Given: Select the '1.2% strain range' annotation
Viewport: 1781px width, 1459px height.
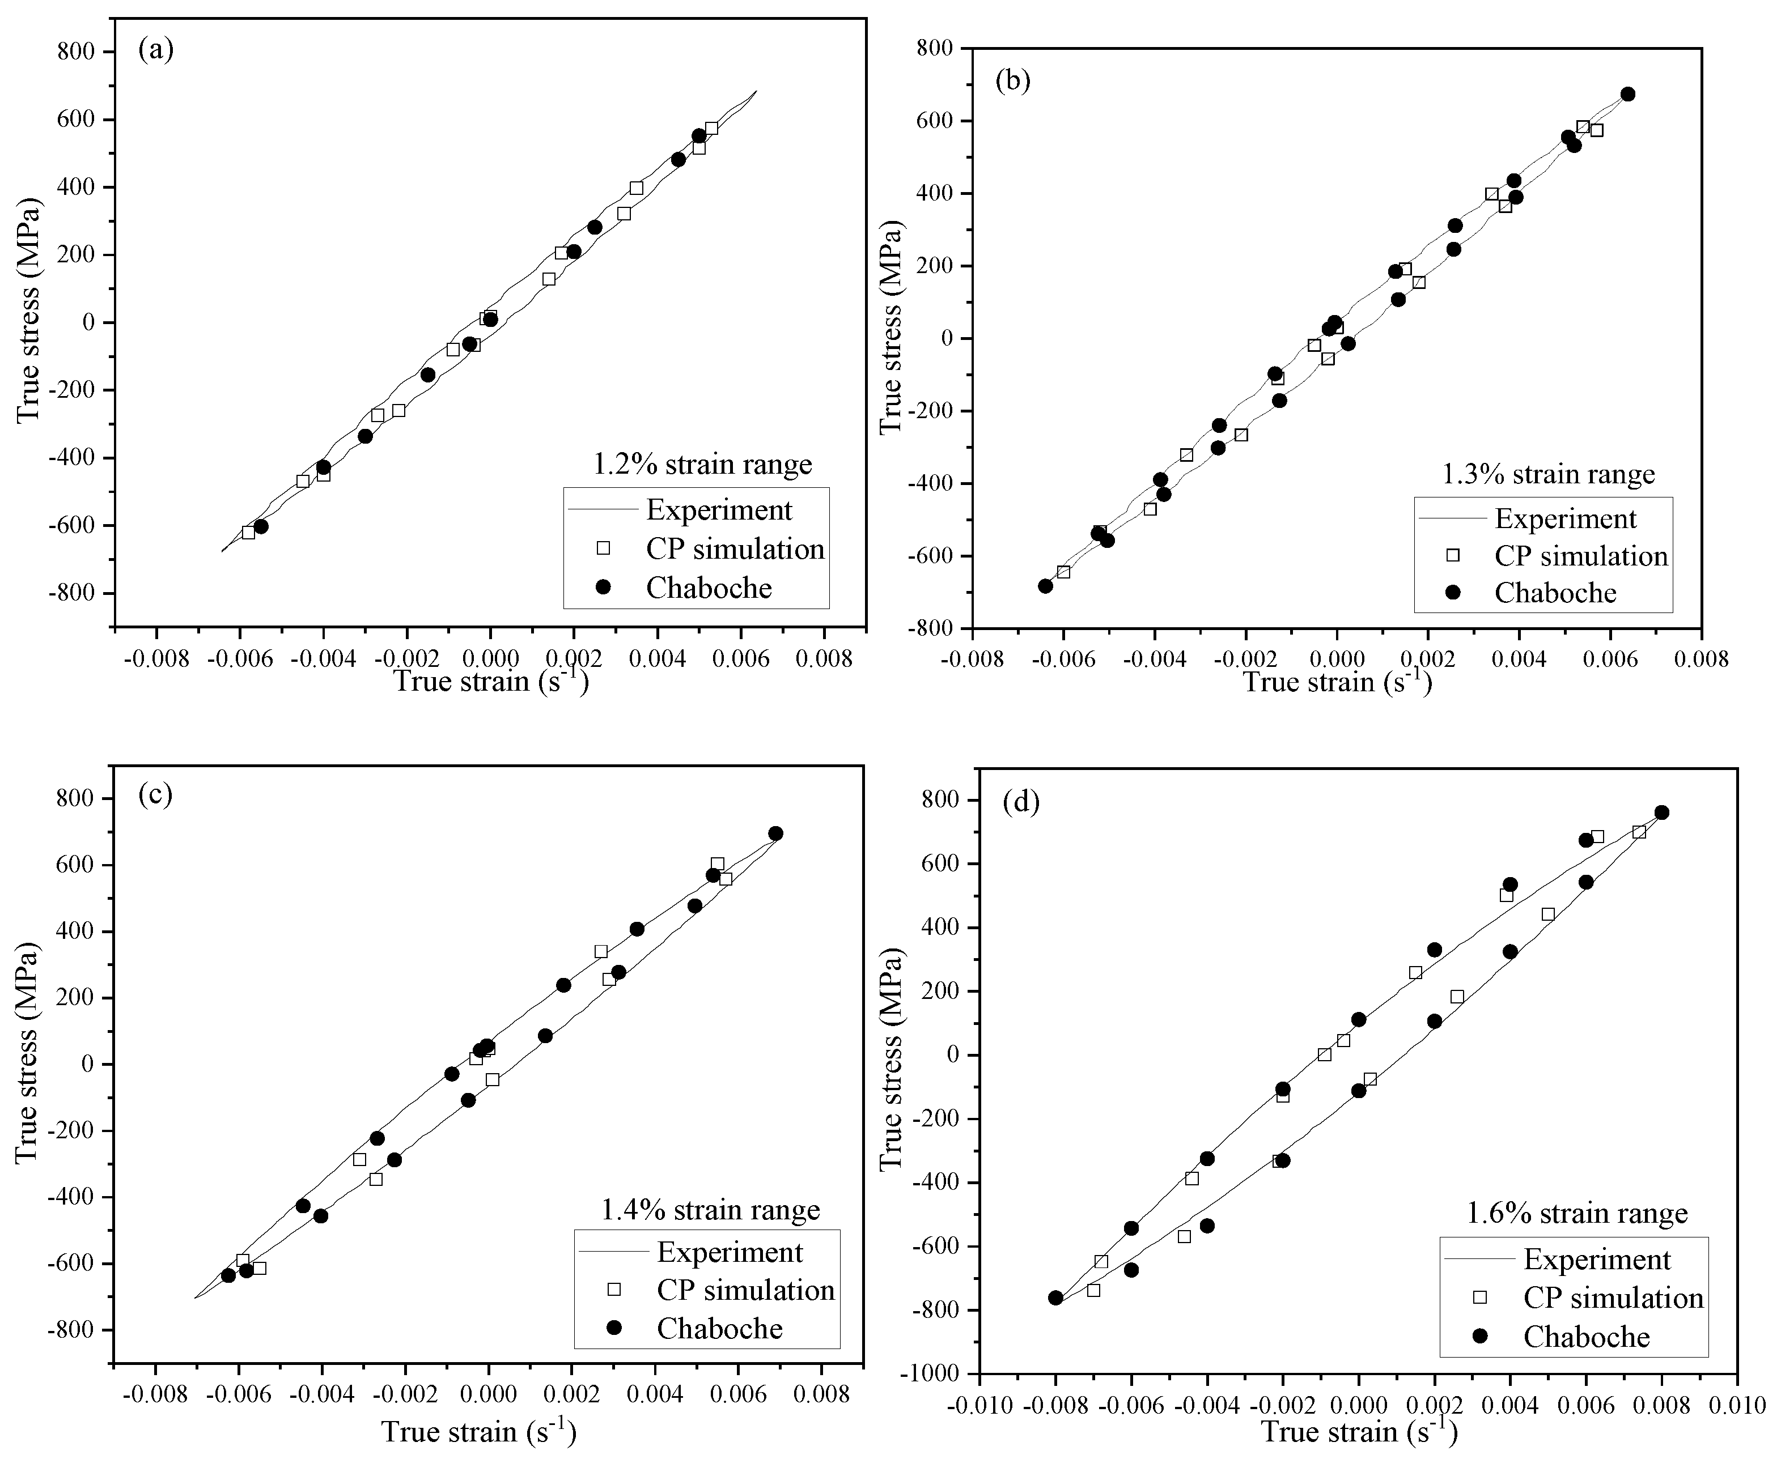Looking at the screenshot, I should coord(703,464).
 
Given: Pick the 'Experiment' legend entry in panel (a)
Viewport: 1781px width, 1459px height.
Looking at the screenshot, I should coord(719,509).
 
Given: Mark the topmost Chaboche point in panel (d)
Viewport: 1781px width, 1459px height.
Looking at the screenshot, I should coord(1661,813).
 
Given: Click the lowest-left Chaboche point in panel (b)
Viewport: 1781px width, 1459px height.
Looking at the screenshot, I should coord(1045,586).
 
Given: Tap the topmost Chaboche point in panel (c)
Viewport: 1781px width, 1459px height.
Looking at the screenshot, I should coord(775,833).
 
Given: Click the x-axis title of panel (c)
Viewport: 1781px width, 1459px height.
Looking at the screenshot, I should coord(478,1431).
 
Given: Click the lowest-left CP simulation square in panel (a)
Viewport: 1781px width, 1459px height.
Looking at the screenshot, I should coord(248,532).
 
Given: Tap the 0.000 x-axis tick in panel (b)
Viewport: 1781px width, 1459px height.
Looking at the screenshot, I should coord(1336,659).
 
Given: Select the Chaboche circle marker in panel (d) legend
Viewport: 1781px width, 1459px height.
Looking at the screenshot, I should coord(1480,1336).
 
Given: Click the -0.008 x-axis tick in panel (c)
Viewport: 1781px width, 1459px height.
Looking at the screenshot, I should coord(155,1395).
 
